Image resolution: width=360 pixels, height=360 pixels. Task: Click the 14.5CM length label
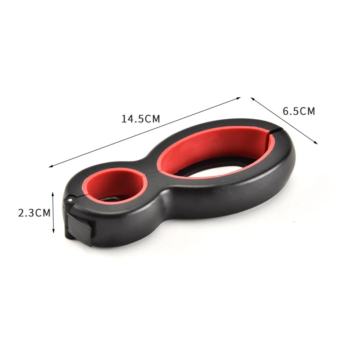click(x=140, y=119)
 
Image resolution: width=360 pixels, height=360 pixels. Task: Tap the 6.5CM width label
click(x=299, y=111)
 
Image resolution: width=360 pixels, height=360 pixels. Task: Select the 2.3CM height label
click(x=34, y=213)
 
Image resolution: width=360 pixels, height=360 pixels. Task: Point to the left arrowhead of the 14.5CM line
click(x=51, y=166)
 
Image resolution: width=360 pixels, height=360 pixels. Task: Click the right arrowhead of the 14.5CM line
click(x=238, y=98)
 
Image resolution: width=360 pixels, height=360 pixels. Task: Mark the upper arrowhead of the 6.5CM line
click(x=252, y=99)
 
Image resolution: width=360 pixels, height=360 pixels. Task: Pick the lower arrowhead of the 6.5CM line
click(x=316, y=143)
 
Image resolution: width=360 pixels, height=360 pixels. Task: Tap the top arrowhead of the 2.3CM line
click(x=53, y=194)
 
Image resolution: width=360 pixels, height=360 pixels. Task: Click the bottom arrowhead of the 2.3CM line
click(x=53, y=230)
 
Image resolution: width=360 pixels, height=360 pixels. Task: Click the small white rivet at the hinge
click(x=70, y=200)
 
